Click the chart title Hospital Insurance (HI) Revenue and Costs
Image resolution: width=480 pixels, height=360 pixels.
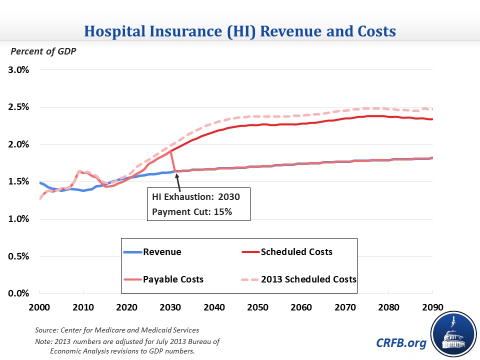point(240,31)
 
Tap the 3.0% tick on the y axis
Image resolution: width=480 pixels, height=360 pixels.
point(18,69)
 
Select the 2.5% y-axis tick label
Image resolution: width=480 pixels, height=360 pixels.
point(18,107)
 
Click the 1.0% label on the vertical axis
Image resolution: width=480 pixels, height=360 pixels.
point(18,219)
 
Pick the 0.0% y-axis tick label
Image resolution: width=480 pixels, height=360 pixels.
point(18,293)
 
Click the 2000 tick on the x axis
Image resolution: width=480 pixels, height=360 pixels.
point(39,306)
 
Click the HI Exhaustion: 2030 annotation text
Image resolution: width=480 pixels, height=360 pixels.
point(196,196)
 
